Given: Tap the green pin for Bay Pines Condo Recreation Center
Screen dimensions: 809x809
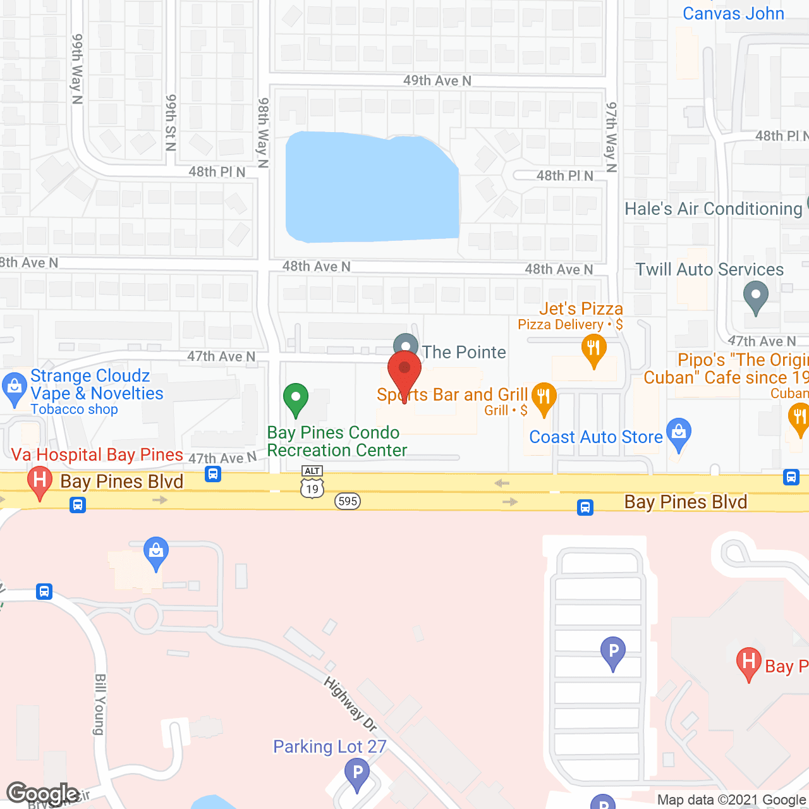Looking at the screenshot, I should (x=295, y=398).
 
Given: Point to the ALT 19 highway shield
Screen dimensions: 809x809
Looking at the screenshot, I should (x=312, y=483).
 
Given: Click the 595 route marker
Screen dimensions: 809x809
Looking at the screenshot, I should (x=348, y=501).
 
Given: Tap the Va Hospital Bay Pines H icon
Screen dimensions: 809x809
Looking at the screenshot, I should (x=40, y=482).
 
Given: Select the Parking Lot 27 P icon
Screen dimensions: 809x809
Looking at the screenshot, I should (x=358, y=772).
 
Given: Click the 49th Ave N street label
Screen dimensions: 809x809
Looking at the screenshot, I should (x=437, y=80).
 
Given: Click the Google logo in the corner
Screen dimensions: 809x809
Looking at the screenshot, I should (x=43, y=793).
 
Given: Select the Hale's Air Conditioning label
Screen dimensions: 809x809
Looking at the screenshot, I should (x=714, y=209).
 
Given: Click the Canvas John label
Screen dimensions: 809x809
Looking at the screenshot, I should (x=733, y=13).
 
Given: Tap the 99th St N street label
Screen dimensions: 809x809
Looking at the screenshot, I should (x=171, y=123).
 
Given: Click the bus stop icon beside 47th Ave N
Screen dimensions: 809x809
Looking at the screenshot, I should (x=213, y=473).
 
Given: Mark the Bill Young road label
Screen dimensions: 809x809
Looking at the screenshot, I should (x=100, y=704).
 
